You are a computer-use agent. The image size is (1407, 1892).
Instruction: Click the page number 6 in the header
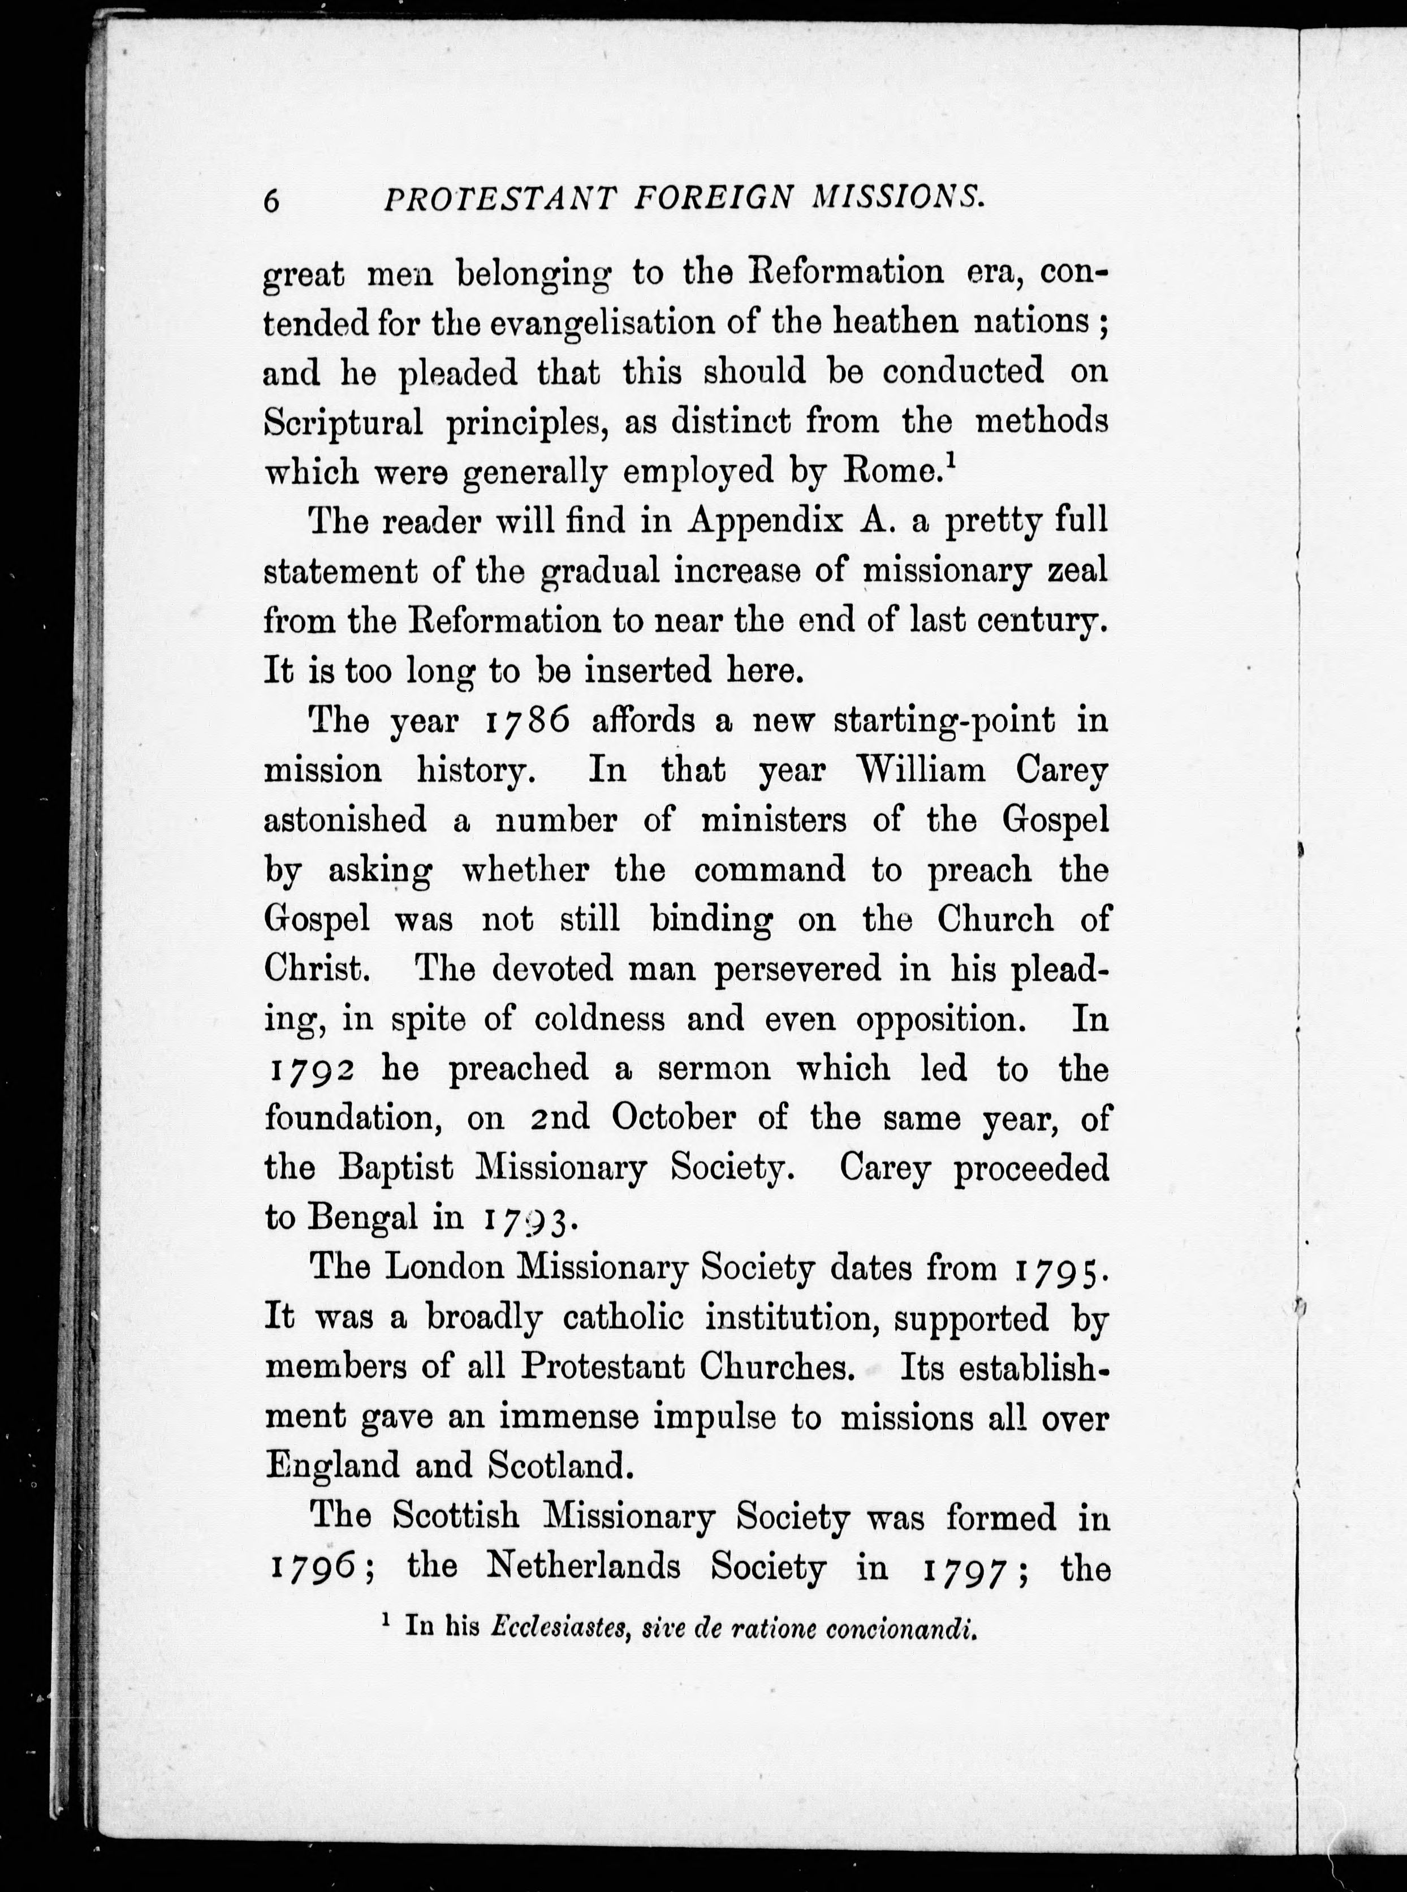coord(271,201)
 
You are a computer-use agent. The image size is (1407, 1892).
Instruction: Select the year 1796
coord(312,1568)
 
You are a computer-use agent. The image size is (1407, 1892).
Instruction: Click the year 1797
coord(968,1568)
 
